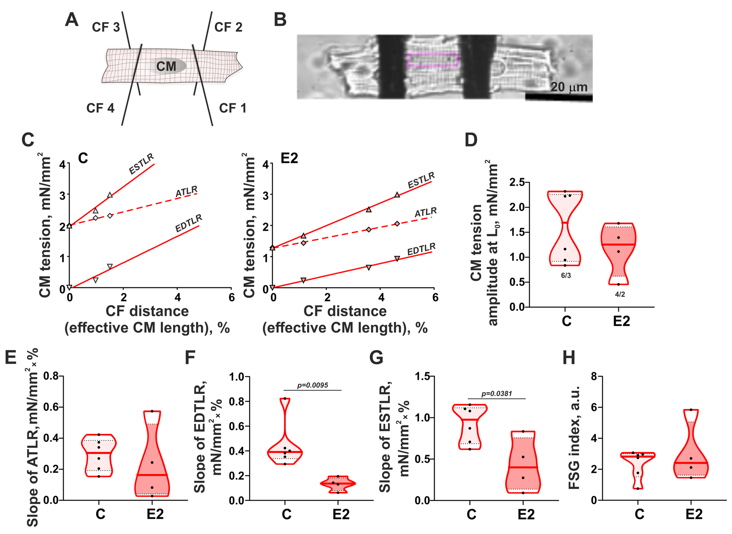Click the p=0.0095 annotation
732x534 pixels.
point(312,385)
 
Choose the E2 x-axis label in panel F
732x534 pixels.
point(341,514)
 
